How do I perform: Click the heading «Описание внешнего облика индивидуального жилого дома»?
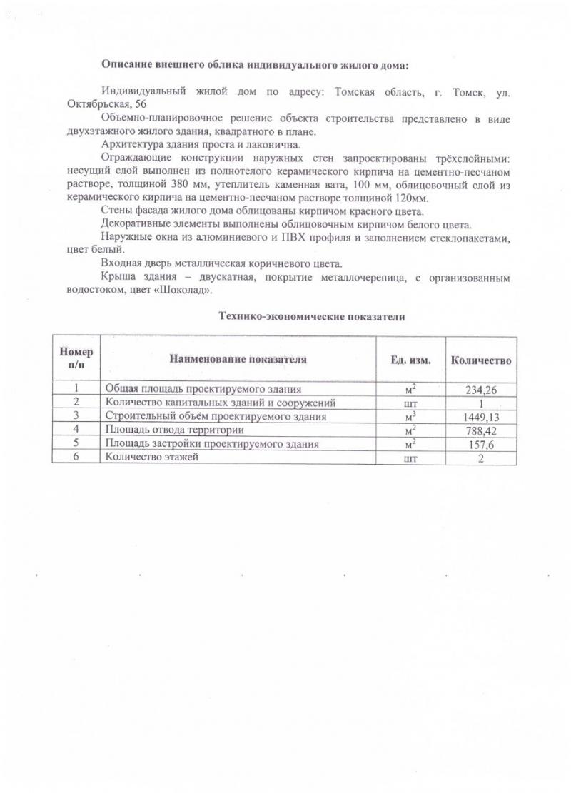pos(256,65)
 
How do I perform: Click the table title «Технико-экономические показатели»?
pos(311,317)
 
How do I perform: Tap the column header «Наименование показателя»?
pos(238,359)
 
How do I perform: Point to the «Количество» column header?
pos(480,360)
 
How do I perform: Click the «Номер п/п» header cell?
pos(76,359)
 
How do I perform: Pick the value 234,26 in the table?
pos(481,390)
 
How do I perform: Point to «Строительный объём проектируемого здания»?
pos(216,417)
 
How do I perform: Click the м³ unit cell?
pos(410,417)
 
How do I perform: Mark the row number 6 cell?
pos(76,458)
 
